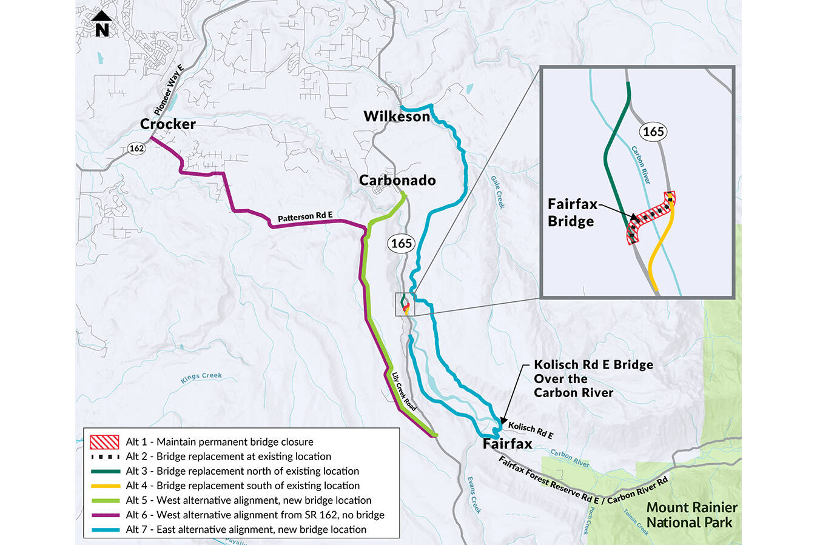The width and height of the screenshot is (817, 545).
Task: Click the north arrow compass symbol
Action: (102, 24)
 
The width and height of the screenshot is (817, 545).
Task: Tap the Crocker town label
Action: (168, 124)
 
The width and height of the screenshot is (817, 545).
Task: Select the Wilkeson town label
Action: (396, 116)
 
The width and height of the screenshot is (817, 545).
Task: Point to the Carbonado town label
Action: (397, 181)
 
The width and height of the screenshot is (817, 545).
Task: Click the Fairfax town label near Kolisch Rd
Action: (507, 444)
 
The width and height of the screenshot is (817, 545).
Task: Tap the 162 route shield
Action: (136, 149)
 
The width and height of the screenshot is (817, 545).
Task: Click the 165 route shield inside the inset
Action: (653, 132)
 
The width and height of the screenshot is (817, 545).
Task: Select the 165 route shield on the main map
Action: (401, 244)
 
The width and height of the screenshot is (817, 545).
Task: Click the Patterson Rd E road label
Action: (305, 217)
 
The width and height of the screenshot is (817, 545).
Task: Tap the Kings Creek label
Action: (201, 377)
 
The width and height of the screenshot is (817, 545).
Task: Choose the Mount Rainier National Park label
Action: (691, 515)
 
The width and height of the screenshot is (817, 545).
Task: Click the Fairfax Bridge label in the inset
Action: (572, 213)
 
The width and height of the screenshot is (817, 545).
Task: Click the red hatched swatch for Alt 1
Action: (104, 442)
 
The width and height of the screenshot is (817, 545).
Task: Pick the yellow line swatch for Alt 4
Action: (104, 486)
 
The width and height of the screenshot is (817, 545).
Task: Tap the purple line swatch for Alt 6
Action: (104, 515)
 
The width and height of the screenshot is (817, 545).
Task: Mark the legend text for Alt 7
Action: (246, 530)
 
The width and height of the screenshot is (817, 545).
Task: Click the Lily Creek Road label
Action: (404, 392)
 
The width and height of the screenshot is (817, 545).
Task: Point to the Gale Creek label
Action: (497, 193)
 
